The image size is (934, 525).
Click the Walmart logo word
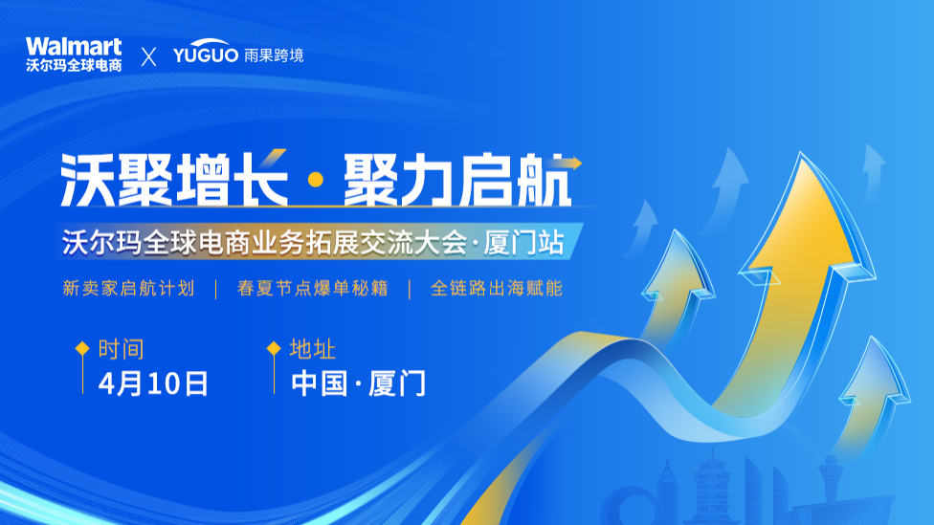click(74, 46)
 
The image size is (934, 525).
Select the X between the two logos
click(148, 56)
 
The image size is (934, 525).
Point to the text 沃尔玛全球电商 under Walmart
click(74, 66)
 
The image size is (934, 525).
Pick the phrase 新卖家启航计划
click(128, 288)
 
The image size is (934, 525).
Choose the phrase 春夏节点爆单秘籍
click(312, 288)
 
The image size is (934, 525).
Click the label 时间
click(122, 349)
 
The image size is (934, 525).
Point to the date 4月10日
click(153, 383)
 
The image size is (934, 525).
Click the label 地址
click(313, 349)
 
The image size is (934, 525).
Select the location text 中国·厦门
click(359, 383)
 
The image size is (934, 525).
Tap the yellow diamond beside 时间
click(82, 348)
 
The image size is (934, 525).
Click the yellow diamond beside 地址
click(274, 348)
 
